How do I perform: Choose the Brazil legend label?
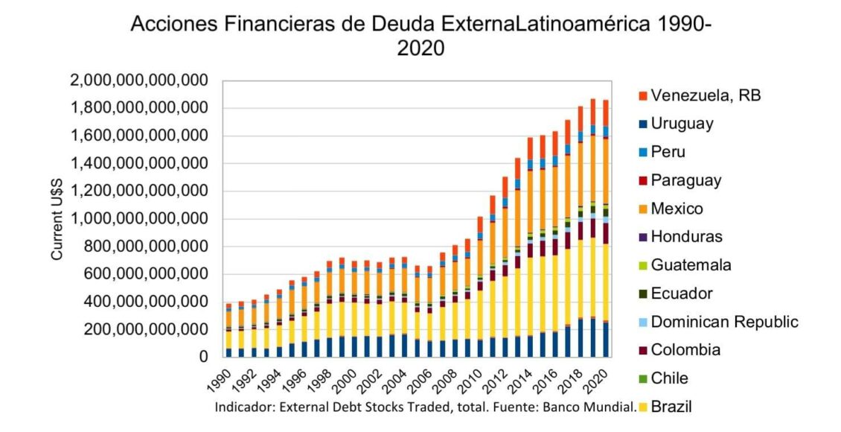(x=674, y=407)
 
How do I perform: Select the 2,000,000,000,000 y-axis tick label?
(x=139, y=80)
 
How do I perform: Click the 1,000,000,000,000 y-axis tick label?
(x=139, y=219)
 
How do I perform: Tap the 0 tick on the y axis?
(x=202, y=357)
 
